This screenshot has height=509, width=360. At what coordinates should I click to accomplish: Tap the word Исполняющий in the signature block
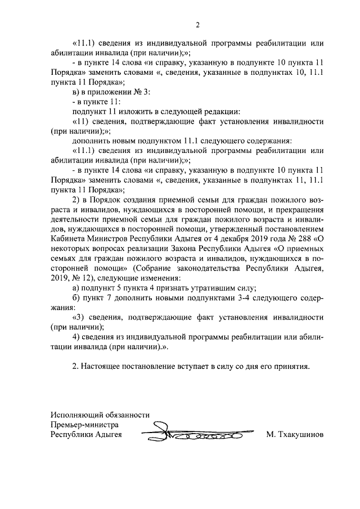click(75, 415)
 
